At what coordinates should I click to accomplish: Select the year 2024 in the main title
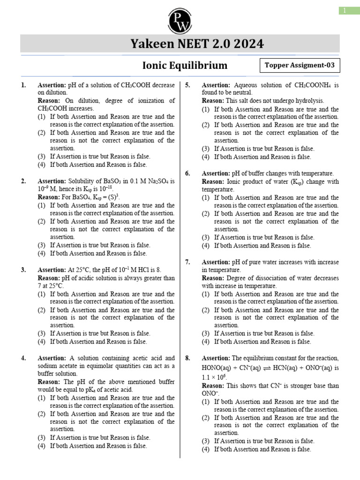[247, 44]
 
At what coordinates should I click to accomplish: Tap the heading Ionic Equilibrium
[185, 65]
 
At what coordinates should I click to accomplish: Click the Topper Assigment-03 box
[300, 66]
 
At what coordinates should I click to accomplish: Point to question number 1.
[23, 85]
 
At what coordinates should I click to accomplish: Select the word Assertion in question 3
[52, 270]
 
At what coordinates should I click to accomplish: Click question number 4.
[23, 358]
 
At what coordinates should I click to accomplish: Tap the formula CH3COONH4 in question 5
[313, 85]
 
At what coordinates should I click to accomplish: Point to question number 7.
[187, 262]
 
